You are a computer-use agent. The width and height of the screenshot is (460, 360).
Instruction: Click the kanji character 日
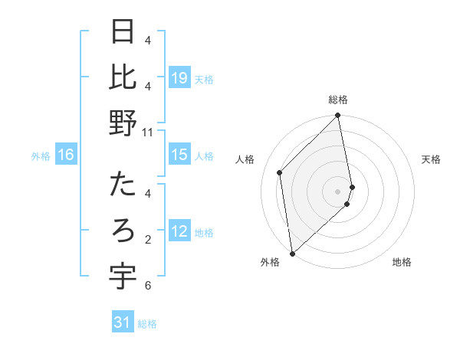123,32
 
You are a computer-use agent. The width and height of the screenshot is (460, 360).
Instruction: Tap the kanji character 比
123,77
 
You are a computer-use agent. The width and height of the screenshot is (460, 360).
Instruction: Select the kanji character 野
123,123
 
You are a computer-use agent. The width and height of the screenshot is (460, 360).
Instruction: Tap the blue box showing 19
179,77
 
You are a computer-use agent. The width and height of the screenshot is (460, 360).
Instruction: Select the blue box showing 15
179,155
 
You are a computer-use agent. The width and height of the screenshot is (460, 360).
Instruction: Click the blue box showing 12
179,231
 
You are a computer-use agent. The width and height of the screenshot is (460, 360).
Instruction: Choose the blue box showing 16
66,155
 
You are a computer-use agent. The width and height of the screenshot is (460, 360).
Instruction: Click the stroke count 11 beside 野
148,133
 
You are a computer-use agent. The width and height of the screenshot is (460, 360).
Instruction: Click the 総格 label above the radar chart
338,100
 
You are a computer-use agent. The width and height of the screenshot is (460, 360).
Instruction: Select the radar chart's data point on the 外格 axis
292,253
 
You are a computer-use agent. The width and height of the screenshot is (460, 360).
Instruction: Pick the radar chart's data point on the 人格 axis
280,172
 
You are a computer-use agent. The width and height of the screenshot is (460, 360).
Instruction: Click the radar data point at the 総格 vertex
338,116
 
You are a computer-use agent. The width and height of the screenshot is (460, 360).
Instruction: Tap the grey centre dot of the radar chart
338,191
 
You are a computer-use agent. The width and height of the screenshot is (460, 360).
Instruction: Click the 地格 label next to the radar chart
402,262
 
